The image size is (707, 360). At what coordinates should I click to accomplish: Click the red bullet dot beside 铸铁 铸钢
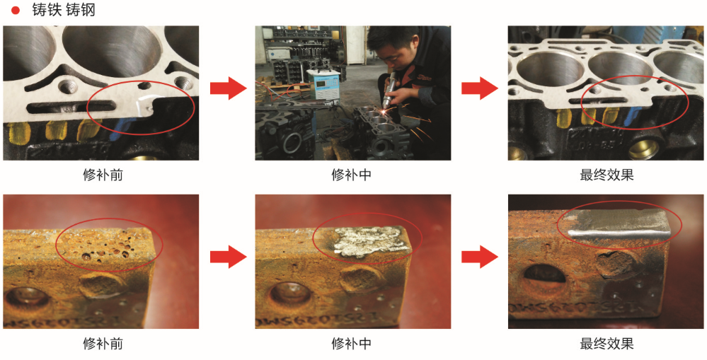[16, 10]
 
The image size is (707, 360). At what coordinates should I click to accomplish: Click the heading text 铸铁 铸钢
[64, 10]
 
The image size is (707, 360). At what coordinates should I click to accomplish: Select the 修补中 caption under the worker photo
[352, 175]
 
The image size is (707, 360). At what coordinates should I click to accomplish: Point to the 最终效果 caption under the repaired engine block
[607, 175]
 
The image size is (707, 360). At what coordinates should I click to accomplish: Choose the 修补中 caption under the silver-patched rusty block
[352, 344]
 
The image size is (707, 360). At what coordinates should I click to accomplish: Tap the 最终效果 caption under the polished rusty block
[607, 344]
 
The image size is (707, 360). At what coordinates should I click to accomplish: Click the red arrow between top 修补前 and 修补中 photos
[228, 88]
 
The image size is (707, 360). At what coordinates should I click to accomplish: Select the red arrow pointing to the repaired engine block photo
[479, 88]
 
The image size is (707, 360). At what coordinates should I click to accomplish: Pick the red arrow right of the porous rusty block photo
[228, 257]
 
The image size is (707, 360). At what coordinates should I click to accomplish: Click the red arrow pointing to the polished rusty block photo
[479, 257]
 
